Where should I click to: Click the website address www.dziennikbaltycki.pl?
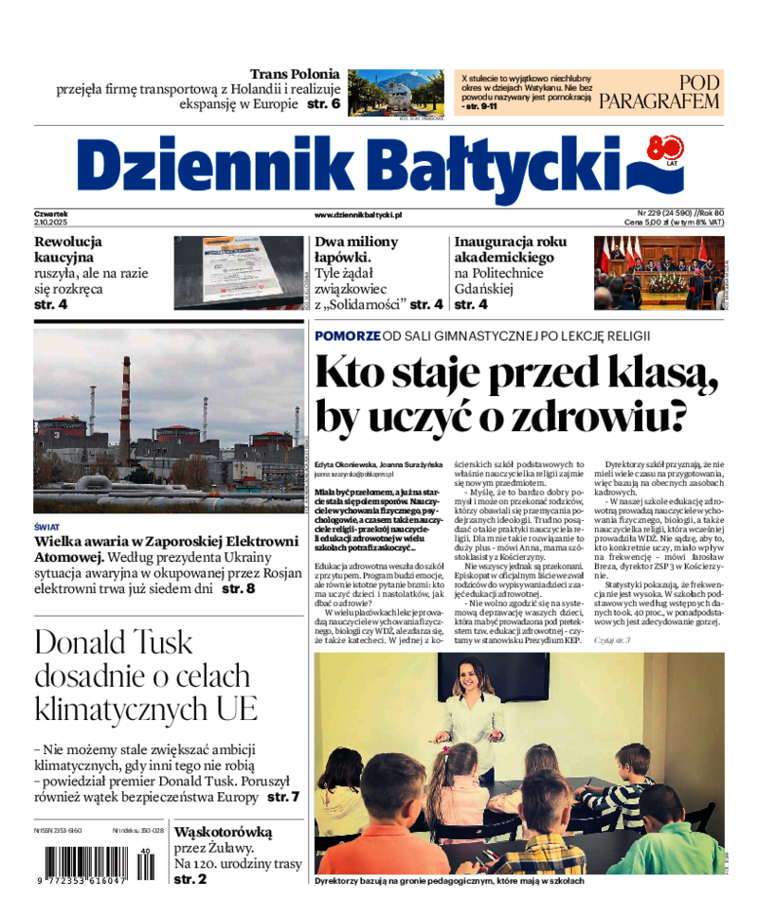point(358,216)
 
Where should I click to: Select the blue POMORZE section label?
point(348,335)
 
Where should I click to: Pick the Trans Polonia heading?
point(295,74)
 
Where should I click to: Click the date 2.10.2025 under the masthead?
point(49,222)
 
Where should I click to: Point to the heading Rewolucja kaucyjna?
point(67,249)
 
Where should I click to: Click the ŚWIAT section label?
point(46,526)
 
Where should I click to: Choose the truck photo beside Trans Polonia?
point(395,93)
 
